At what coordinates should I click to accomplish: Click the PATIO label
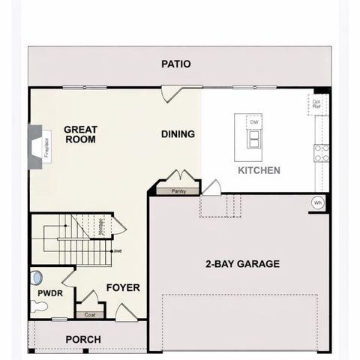tap(176, 64)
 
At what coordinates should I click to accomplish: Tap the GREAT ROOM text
tap(80, 134)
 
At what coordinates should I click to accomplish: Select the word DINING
tap(178, 134)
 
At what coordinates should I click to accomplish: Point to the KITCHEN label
tap(259, 171)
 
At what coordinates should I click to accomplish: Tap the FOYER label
tap(123, 287)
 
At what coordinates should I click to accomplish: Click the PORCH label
tap(83, 340)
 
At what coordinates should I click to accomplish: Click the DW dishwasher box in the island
tap(254, 121)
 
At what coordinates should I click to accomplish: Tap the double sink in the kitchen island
tap(254, 140)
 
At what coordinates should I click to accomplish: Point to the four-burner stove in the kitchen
tap(321, 153)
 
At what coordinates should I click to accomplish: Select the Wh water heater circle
tap(318, 202)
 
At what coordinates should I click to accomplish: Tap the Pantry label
tap(178, 191)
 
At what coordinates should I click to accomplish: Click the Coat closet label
tap(90, 315)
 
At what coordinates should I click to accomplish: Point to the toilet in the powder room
tap(38, 305)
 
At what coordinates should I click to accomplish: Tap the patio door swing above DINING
tap(171, 94)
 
